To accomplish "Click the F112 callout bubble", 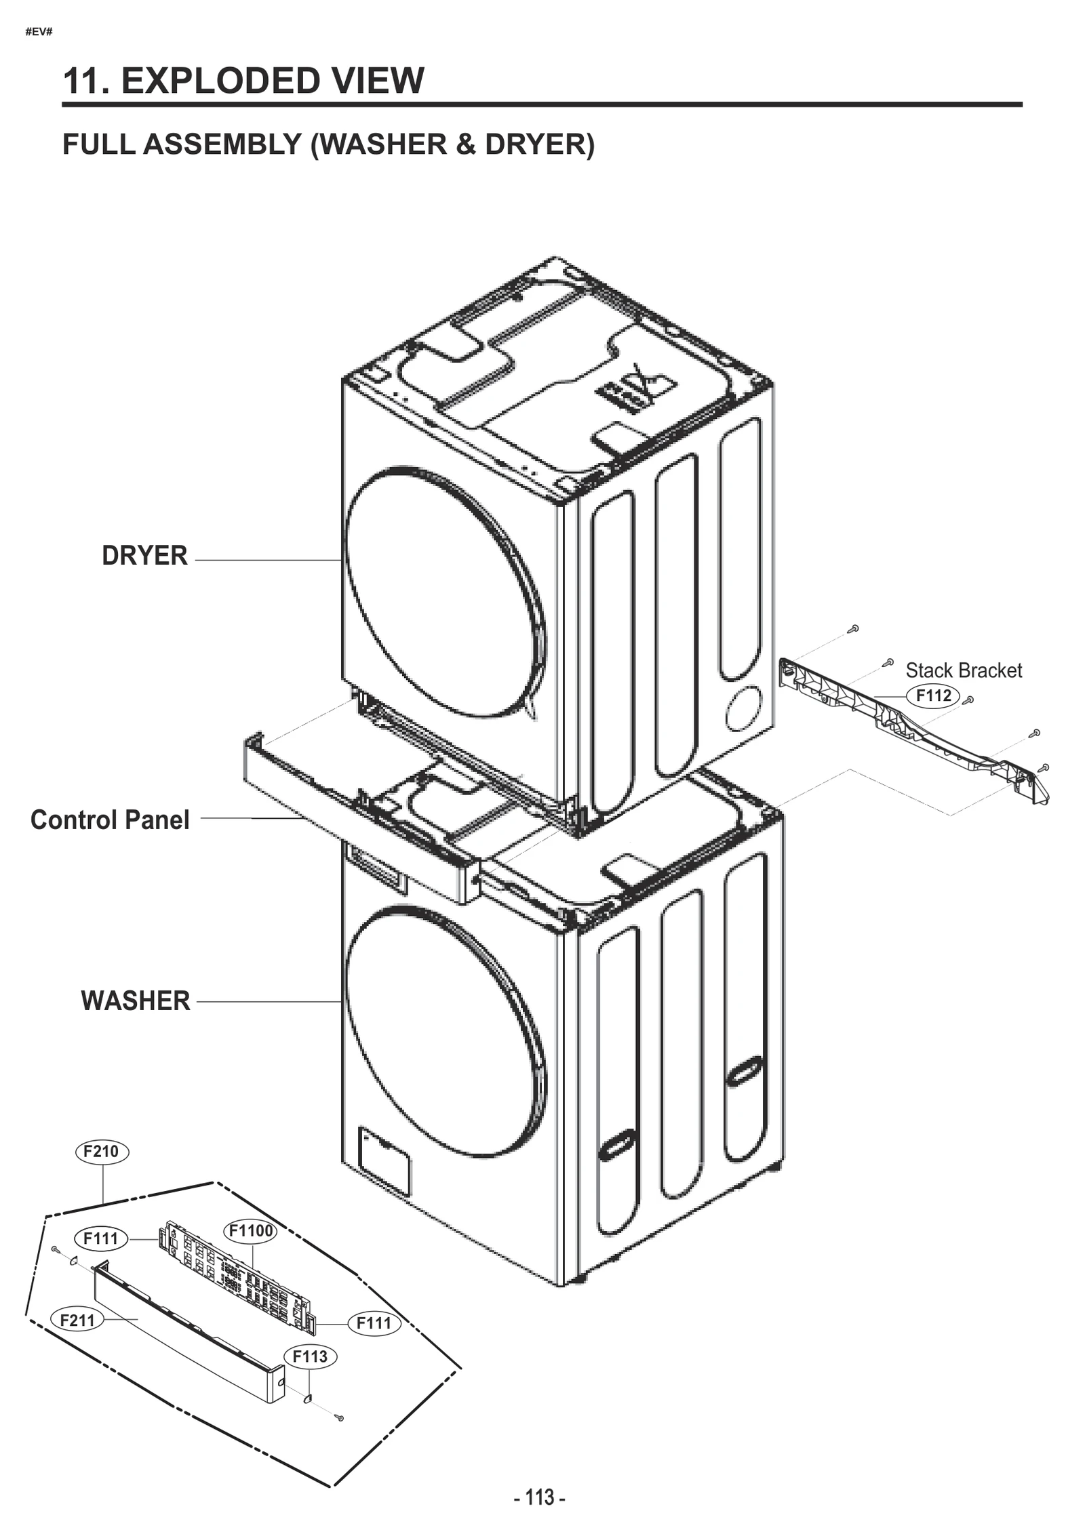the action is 933,695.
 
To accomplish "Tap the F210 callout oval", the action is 101,1151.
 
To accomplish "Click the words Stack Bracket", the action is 964,670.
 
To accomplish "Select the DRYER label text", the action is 144,555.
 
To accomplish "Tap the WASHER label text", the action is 136,1001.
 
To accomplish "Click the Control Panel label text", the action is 110,820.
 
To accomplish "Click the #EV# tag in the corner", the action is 39,32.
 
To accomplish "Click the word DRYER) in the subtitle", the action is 540,144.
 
